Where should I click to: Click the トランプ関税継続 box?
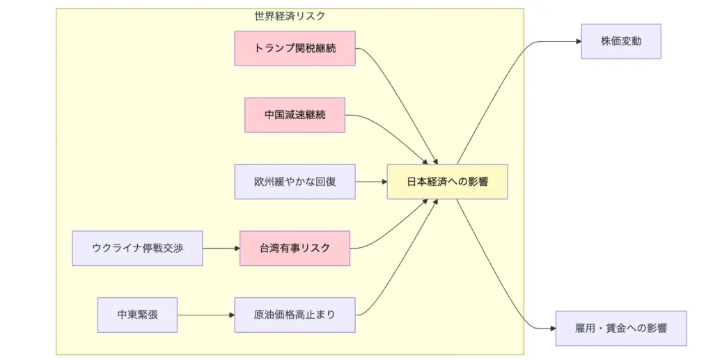click(x=295, y=48)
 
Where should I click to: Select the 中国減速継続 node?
click(x=295, y=115)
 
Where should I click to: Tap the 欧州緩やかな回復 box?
click(x=295, y=182)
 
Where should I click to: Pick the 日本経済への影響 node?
click(x=447, y=182)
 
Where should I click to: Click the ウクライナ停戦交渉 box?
click(x=137, y=248)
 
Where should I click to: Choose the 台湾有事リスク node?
click(x=295, y=248)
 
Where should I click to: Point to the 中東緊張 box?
click(x=137, y=315)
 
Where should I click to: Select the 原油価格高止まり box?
click(x=295, y=315)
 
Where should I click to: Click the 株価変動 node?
click(x=620, y=41)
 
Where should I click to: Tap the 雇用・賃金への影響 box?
click(x=620, y=328)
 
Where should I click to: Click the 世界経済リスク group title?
click(x=290, y=15)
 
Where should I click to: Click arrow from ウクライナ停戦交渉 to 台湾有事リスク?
click(x=221, y=248)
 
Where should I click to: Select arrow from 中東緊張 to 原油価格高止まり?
click(x=205, y=315)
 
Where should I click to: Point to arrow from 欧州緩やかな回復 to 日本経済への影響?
click(x=370, y=182)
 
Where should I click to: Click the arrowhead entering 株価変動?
click(x=578, y=41)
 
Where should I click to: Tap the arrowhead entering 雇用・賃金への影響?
click(x=552, y=328)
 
